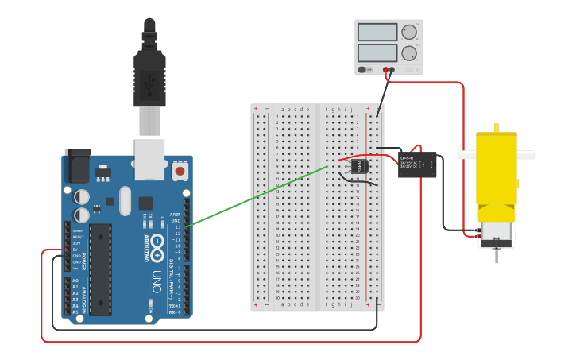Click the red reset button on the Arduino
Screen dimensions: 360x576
180,171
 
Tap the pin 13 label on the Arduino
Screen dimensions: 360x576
177,226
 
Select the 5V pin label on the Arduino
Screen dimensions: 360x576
76,249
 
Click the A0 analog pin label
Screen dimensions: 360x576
76,281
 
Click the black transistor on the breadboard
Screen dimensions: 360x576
359,166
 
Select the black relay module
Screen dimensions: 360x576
417,165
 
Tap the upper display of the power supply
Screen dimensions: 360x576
377,33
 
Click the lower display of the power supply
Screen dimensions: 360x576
377,54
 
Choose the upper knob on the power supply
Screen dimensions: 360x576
409,33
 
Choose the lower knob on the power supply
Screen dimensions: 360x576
409,54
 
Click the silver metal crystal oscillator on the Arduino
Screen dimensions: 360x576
125,200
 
